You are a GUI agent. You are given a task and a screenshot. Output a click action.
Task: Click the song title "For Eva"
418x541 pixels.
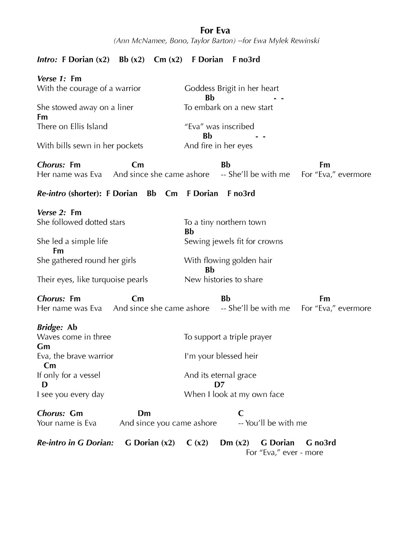pyautogui.click(x=215, y=31)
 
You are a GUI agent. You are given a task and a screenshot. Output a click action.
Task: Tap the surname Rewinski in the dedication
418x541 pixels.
pyautogui.click(x=303, y=41)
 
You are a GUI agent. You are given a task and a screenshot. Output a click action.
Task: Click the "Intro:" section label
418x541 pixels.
pyautogui.click(x=47, y=59)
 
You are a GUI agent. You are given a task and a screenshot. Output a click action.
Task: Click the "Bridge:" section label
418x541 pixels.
pyautogui.click(x=50, y=327)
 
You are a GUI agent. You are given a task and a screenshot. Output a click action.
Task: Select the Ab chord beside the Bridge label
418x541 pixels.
pyautogui.click(x=72, y=327)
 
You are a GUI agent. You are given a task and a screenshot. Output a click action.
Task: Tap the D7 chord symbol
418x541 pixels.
pyautogui.click(x=219, y=385)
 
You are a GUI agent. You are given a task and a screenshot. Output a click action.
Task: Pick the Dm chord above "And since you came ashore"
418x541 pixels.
pyautogui.click(x=144, y=413)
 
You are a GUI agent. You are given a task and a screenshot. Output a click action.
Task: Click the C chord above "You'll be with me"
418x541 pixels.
pyautogui.click(x=241, y=413)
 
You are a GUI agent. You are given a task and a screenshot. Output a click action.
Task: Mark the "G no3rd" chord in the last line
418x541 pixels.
pyautogui.click(x=321, y=443)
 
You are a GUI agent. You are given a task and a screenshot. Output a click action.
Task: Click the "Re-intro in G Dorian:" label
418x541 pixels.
pyautogui.click(x=75, y=443)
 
